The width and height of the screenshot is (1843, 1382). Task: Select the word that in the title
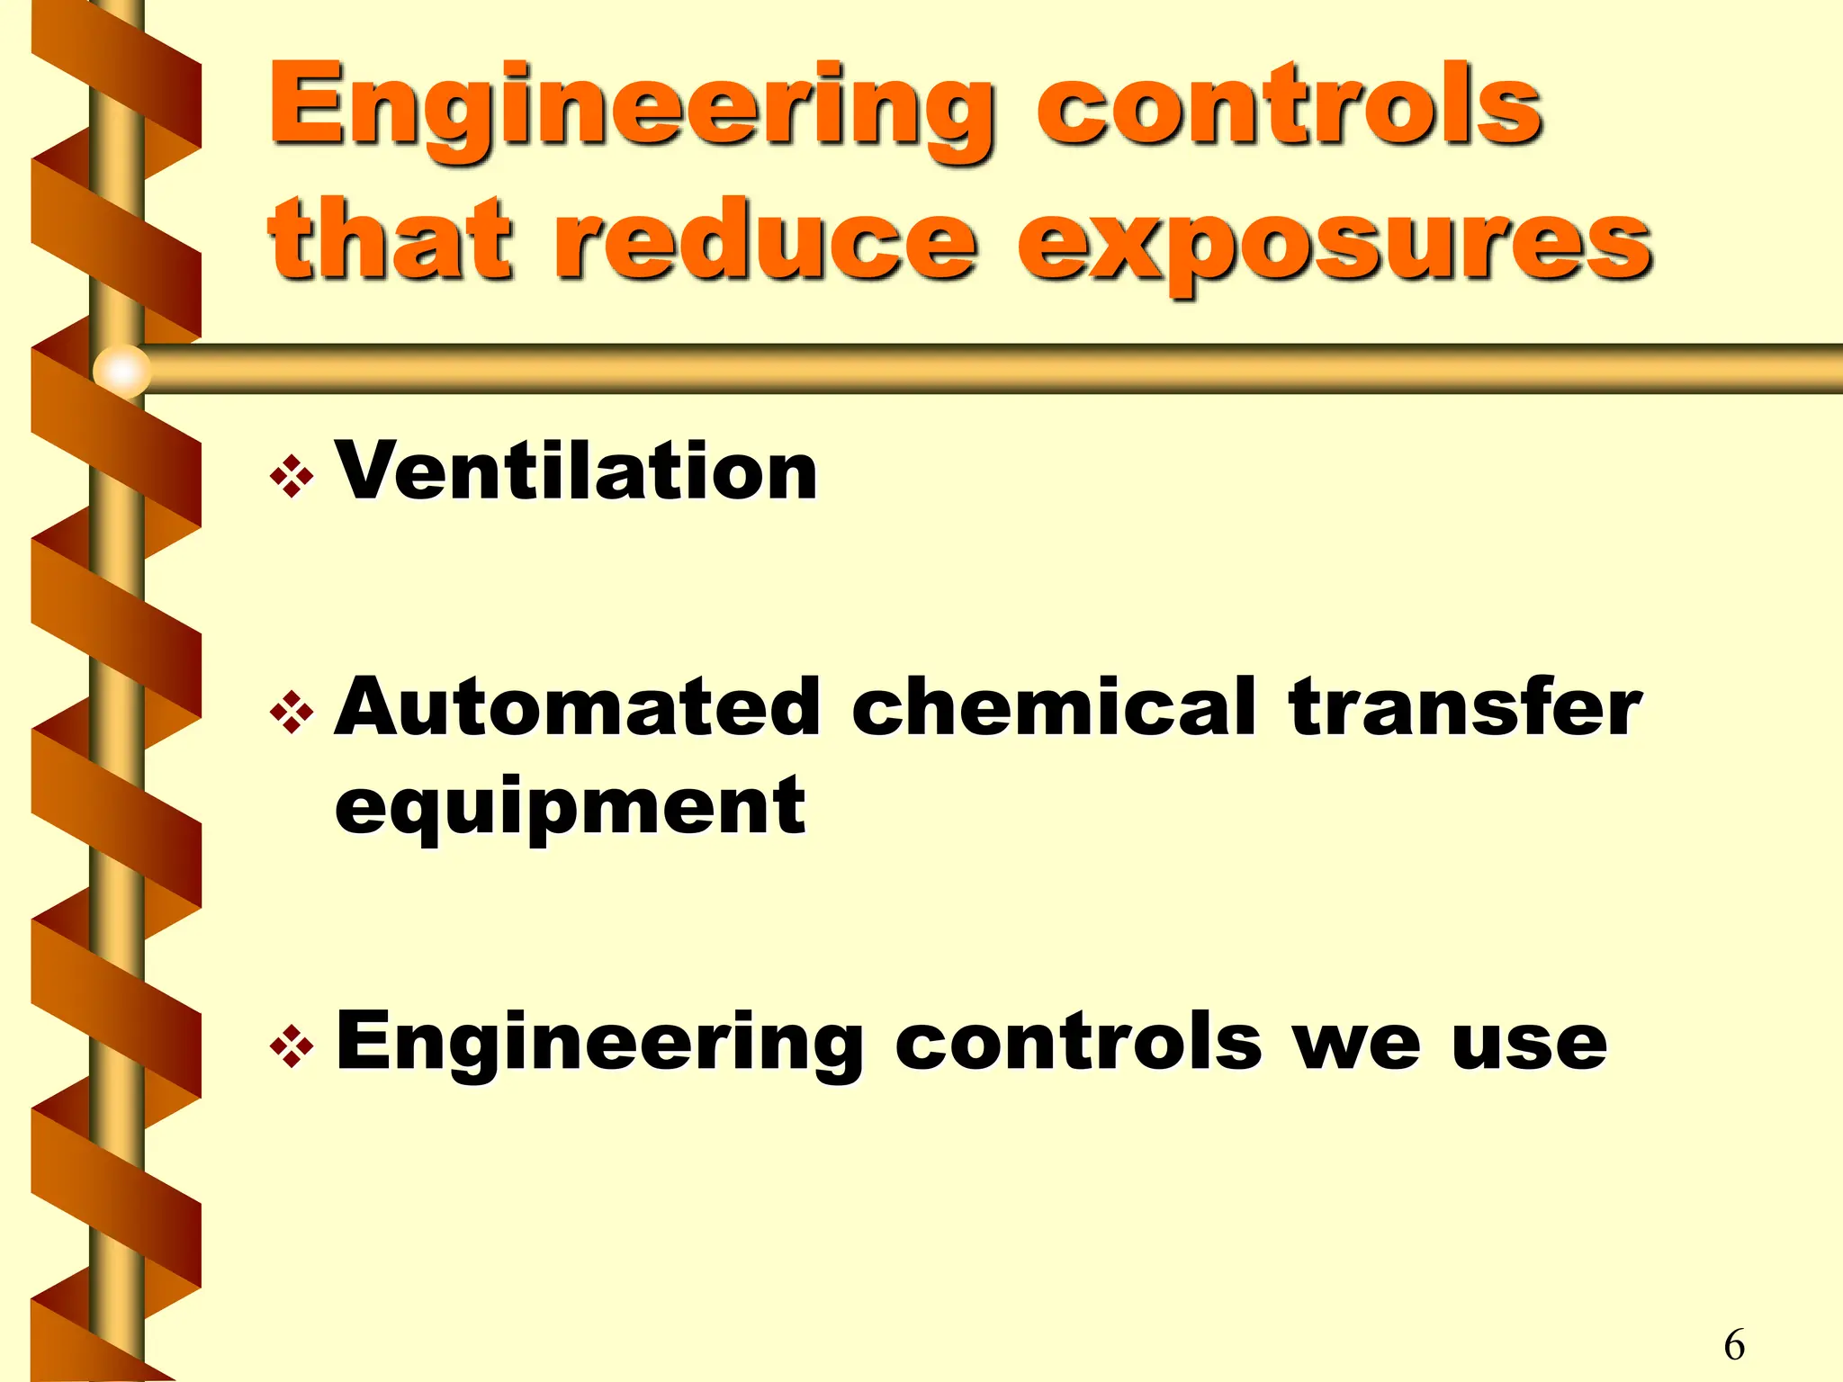[391, 239]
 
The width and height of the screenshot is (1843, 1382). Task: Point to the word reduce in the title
[765, 239]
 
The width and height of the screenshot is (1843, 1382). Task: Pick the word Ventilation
[576, 471]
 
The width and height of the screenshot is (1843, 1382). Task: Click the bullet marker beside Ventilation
[292, 476]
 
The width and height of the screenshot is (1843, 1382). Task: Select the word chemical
[1054, 707]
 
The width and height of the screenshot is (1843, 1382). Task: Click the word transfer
[1465, 707]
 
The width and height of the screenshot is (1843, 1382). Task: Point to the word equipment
[571, 806]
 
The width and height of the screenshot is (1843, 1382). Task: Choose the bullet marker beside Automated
[292, 713]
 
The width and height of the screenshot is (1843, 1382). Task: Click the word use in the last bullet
[1529, 1046]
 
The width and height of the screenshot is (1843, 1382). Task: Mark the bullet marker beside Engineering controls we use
[292, 1046]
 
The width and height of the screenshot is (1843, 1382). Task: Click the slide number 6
[1734, 1345]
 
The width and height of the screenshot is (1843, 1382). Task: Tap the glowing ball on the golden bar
[122, 370]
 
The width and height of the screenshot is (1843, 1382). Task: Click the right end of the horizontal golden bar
[1827, 369]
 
